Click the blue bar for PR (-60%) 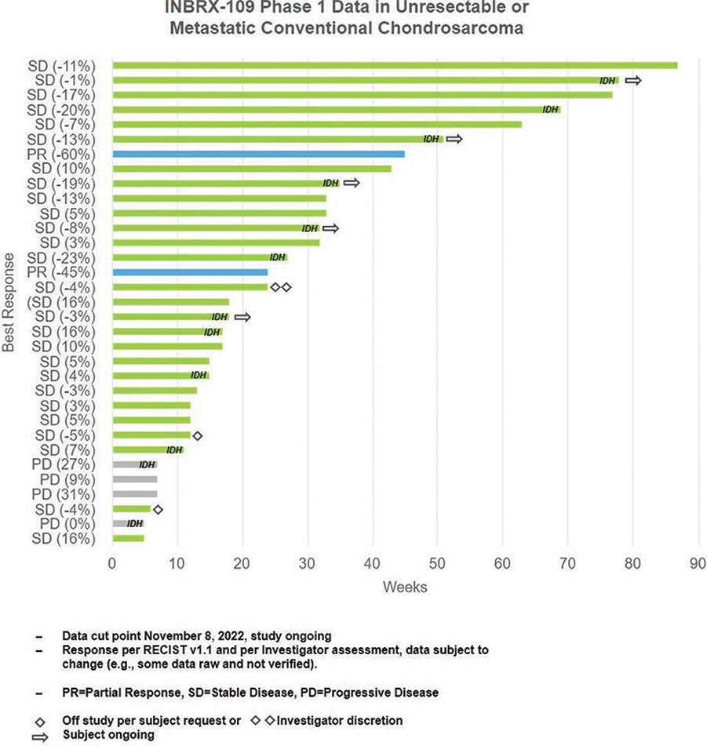[x=259, y=154]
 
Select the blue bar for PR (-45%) [x=190, y=272]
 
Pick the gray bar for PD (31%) [x=135, y=494]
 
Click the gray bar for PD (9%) [x=135, y=479]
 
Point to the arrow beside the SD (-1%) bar [x=632, y=80]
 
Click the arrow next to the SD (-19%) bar [x=352, y=184]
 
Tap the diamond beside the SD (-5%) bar [x=197, y=435]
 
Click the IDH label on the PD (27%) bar [x=147, y=465]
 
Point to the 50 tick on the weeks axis [x=437, y=562]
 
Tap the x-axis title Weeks [x=405, y=587]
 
